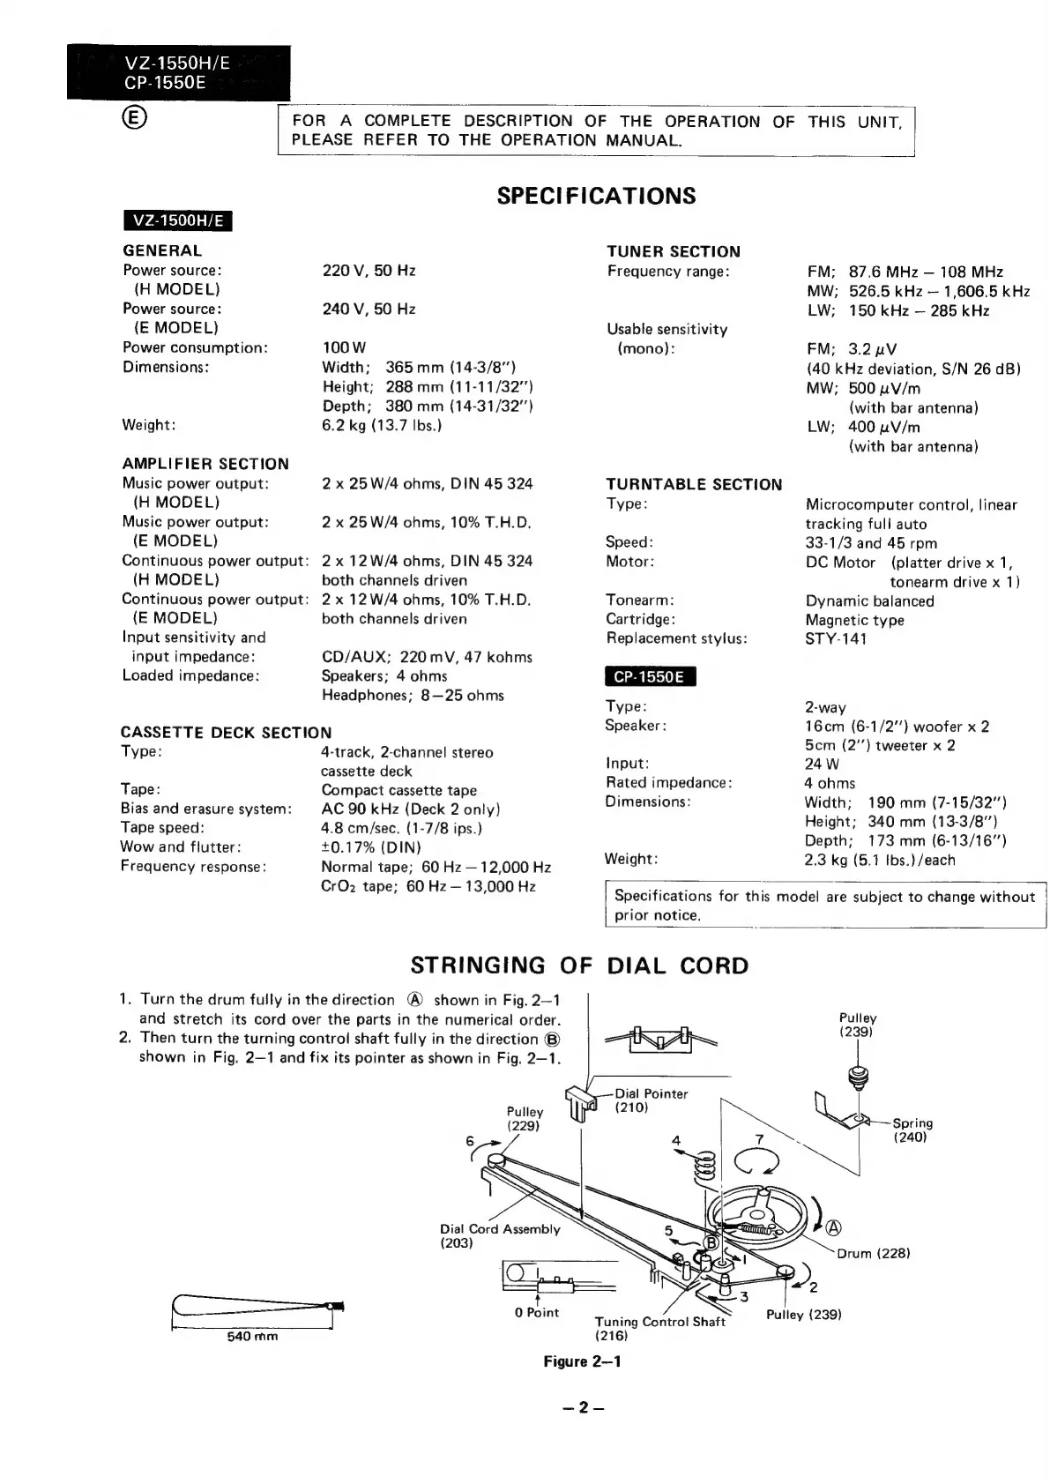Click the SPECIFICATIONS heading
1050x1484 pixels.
click(x=596, y=196)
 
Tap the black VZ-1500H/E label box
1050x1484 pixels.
click(x=177, y=220)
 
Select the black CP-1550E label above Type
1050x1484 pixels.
click(x=650, y=676)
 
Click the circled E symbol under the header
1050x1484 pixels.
click(x=137, y=118)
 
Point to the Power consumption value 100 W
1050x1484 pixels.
click(x=344, y=348)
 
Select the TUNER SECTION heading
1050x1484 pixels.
click(x=674, y=251)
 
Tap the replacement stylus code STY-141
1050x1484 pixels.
click(x=836, y=638)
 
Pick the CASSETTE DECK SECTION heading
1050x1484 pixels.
click(x=227, y=733)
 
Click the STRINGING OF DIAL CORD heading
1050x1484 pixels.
click(x=579, y=966)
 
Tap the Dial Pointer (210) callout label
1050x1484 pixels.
click(x=651, y=1100)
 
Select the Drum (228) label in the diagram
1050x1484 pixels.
click(x=873, y=1253)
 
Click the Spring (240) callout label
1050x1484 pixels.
click(x=912, y=1130)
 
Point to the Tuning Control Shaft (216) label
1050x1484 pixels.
click(x=659, y=1328)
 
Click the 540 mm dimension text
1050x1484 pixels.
click(x=252, y=1336)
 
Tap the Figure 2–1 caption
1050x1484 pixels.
click(x=582, y=1361)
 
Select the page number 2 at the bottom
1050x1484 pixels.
click(x=583, y=1407)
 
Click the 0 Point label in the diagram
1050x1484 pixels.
click(x=537, y=1312)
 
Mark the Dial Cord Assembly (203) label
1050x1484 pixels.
click(x=499, y=1235)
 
